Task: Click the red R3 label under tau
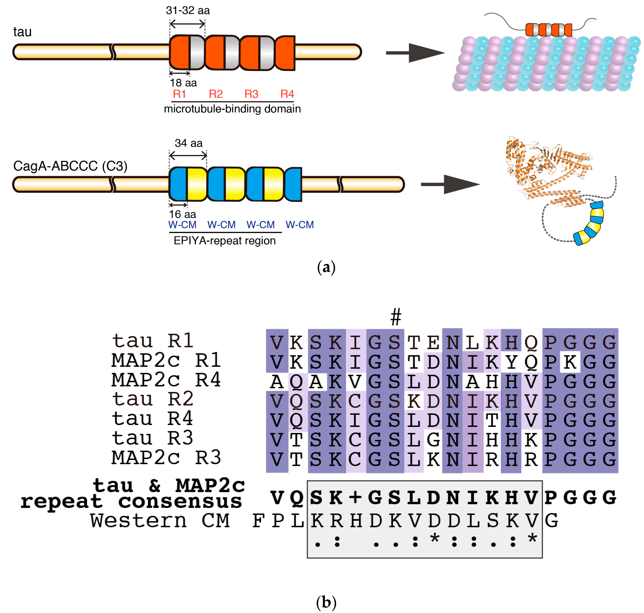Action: [x=251, y=94]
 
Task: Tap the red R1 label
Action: [x=179, y=94]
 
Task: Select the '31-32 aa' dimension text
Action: [x=188, y=10]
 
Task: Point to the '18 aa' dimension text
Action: [x=183, y=83]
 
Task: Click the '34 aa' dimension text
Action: [x=189, y=143]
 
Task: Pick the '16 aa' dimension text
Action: [x=182, y=214]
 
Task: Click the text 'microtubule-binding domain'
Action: [x=232, y=109]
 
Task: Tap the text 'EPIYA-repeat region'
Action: [x=225, y=241]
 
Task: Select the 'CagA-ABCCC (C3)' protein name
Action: [x=70, y=166]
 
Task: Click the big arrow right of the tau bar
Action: [x=415, y=53]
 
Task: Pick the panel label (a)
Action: [x=326, y=267]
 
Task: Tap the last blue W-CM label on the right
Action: [x=300, y=225]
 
